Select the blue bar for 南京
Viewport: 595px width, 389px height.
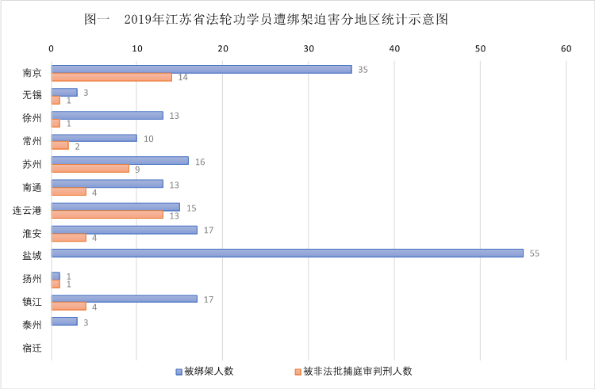pyautogui.click(x=202, y=69)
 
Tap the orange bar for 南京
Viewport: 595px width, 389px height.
pyautogui.click(x=111, y=77)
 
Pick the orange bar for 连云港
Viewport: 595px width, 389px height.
pyautogui.click(x=107, y=215)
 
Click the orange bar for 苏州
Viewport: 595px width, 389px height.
pyautogui.click(x=90, y=168)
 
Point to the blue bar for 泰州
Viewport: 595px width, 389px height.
pyautogui.click(x=64, y=321)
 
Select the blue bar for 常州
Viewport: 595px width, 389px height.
pyautogui.click(x=94, y=138)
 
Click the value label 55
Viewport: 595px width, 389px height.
pyautogui.click(x=535, y=254)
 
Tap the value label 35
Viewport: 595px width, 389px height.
pyautogui.click(x=363, y=70)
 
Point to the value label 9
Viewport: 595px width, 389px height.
pyautogui.click(x=136, y=169)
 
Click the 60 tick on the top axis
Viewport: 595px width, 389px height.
pyautogui.click(x=566, y=49)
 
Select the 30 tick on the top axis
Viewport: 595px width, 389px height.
pyautogui.click(x=309, y=49)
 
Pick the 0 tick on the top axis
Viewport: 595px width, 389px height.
pyautogui.click(x=52, y=49)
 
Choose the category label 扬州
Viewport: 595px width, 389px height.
pyautogui.click(x=32, y=279)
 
